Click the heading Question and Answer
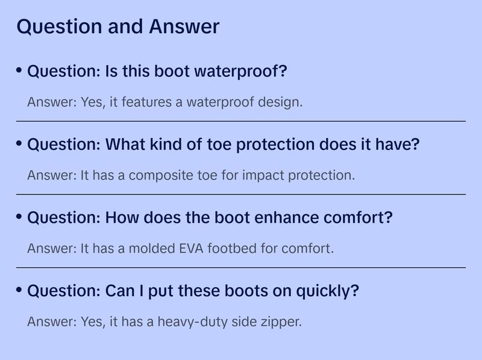(x=117, y=26)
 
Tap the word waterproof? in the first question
(x=240, y=71)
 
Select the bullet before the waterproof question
(x=19, y=70)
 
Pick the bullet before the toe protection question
(x=19, y=143)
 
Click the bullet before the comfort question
(x=19, y=216)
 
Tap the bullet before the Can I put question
(x=19, y=290)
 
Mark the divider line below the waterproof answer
(x=241, y=122)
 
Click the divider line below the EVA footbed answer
(x=241, y=267)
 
